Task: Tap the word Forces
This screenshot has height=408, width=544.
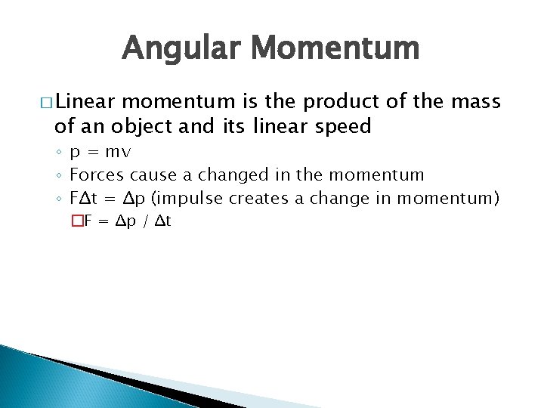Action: coord(97,175)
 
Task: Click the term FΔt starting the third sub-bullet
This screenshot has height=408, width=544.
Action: coord(85,198)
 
